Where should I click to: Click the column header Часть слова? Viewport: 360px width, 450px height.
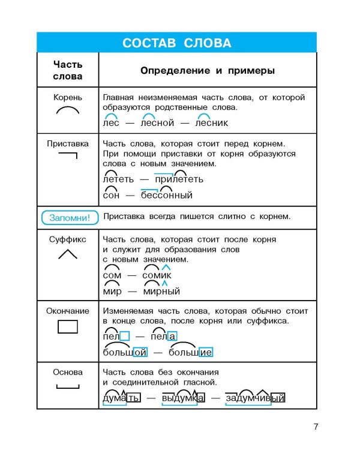(x=67, y=70)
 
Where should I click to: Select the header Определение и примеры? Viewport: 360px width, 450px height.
(x=207, y=70)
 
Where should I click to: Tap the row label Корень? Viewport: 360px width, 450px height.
(x=67, y=97)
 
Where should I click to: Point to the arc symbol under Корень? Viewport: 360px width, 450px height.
(x=67, y=111)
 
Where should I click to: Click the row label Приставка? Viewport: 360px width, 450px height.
(x=67, y=144)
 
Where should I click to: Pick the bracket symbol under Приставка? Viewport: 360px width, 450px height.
(x=68, y=158)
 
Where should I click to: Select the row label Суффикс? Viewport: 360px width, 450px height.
(x=67, y=239)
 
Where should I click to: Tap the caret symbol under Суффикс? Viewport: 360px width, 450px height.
(x=67, y=254)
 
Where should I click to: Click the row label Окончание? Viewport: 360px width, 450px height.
(x=67, y=311)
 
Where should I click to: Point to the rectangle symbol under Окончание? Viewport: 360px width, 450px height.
(x=67, y=327)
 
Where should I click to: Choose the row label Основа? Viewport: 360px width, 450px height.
(x=67, y=372)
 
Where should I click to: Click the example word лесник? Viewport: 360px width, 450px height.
(x=212, y=123)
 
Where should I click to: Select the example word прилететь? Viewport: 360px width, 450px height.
(x=179, y=179)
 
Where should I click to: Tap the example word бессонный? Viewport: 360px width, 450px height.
(x=167, y=195)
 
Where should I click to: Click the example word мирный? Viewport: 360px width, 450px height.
(x=161, y=291)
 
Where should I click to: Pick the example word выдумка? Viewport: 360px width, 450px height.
(x=183, y=398)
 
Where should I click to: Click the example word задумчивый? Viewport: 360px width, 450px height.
(x=254, y=398)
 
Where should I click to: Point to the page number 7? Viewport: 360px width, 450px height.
(x=316, y=427)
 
